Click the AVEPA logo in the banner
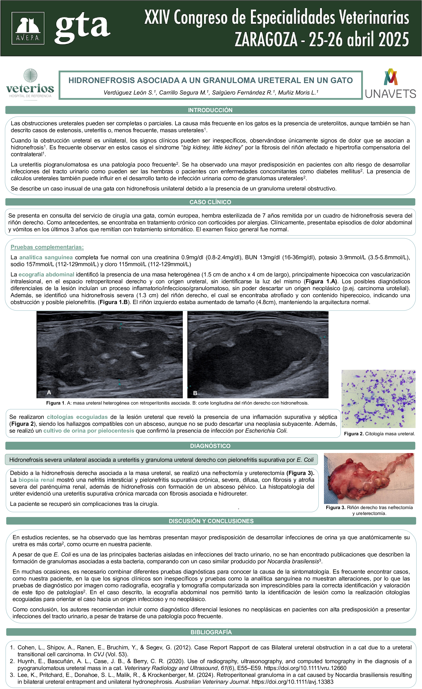click(28, 28)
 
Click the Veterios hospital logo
click(30, 84)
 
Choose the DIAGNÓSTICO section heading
click(210, 446)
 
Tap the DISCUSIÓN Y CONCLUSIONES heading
click(211, 521)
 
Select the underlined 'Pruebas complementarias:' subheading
click(47, 247)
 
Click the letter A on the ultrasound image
click(49, 392)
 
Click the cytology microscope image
click(378, 399)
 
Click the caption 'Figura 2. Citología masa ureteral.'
click(379, 434)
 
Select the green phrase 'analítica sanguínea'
click(46, 257)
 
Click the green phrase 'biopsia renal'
click(36, 480)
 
